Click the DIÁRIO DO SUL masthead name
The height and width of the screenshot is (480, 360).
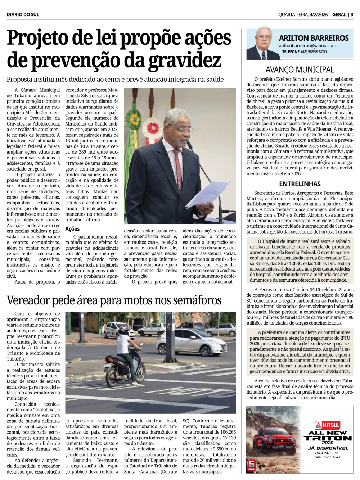[23, 15]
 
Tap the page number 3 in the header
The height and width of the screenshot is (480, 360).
[352, 15]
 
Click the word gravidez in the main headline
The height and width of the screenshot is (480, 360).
[185, 60]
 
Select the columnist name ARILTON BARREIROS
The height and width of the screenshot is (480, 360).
[314, 38]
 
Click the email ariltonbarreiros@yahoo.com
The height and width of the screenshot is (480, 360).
[307, 46]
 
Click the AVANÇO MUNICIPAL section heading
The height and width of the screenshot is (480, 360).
[300, 70]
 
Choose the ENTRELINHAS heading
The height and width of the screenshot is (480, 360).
[300, 184]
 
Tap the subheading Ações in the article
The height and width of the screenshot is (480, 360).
[72, 229]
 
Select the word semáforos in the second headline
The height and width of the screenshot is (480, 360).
[193, 300]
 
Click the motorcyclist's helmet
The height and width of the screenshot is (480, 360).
[123, 329]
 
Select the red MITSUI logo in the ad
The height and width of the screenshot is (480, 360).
[327, 425]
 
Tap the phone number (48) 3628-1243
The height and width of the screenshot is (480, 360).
[327, 457]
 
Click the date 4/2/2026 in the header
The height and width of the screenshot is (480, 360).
[318, 15]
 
